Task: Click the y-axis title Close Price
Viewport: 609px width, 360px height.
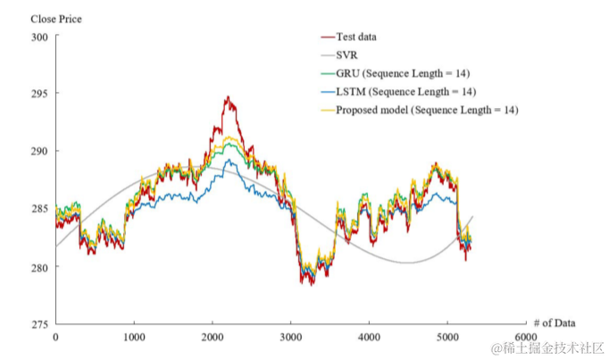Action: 56,18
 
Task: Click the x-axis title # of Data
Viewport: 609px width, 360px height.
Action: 554,322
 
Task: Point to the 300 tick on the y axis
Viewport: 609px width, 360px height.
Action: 40,37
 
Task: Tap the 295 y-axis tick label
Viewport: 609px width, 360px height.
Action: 40,94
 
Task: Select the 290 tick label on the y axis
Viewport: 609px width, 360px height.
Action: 40,152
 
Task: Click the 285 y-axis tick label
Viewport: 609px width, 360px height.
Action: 40,209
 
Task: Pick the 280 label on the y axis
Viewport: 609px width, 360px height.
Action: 40,267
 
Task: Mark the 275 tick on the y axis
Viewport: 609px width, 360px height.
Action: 40,324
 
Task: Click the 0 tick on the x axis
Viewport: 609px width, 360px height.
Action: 55,338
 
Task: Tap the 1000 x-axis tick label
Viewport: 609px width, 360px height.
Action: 134,338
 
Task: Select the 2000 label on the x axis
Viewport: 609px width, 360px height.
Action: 213,338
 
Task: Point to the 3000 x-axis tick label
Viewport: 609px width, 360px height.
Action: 291,338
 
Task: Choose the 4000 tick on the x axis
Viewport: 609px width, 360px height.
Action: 369,338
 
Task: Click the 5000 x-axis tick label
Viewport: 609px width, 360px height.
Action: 447,338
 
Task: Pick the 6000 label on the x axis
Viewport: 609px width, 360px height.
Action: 525,338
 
